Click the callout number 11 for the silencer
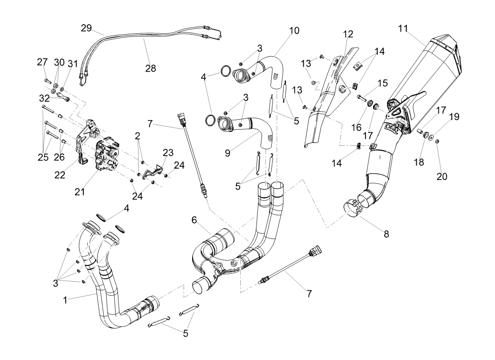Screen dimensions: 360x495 (x=403, y=28)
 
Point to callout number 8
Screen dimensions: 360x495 (x=386, y=234)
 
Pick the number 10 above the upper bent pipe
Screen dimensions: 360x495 (x=293, y=31)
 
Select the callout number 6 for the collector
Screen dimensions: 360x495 (x=194, y=220)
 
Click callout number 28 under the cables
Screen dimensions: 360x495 (x=150, y=68)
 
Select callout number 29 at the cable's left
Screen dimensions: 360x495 (x=86, y=28)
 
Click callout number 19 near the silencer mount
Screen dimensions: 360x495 (x=454, y=117)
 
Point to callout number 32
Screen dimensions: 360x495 (x=44, y=98)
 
